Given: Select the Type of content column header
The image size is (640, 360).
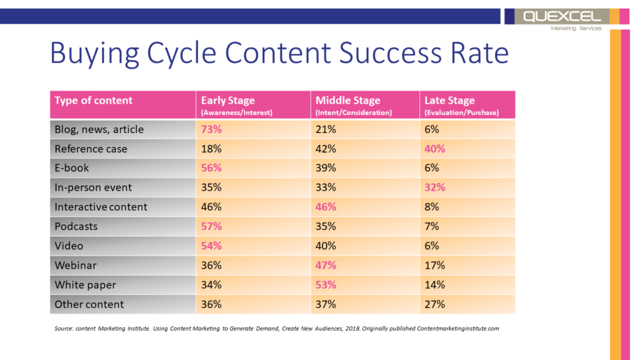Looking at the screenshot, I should pyautogui.click(x=94, y=101).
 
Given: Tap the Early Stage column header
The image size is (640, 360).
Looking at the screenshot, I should pyautogui.click(x=227, y=101).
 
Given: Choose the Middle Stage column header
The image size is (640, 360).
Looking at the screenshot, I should pyautogui.click(x=347, y=101).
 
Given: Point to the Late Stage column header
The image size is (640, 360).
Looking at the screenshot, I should pyautogui.click(x=449, y=101).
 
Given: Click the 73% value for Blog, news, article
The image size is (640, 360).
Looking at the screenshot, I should pyautogui.click(x=211, y=129).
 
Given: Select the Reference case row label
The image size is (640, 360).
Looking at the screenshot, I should pyautogui.click(x=91, y=149).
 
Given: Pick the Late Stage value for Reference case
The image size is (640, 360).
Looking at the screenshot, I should pyautogui.click(x=435, y=149).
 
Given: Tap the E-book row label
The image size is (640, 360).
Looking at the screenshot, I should pyautogui.click(x=72, y=168).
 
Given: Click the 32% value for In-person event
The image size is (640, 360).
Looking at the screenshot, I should pyautogui.click(x=435, y=187).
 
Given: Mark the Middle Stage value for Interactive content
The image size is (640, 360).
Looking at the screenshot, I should pyautogui.click(x=326, y=207).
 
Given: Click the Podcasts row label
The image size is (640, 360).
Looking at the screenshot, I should pyautogui.click(x=76, y=226).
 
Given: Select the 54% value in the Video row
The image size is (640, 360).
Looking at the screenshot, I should pyautogui.click(x=211, y=246).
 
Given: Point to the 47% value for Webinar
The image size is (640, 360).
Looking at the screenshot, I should pyautogui.click(x=326, y=265).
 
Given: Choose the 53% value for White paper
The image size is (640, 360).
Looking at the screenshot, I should pyautogui.click(x=326, y=284).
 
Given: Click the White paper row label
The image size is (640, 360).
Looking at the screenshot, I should pyautogui.click(x=85, y=284).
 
